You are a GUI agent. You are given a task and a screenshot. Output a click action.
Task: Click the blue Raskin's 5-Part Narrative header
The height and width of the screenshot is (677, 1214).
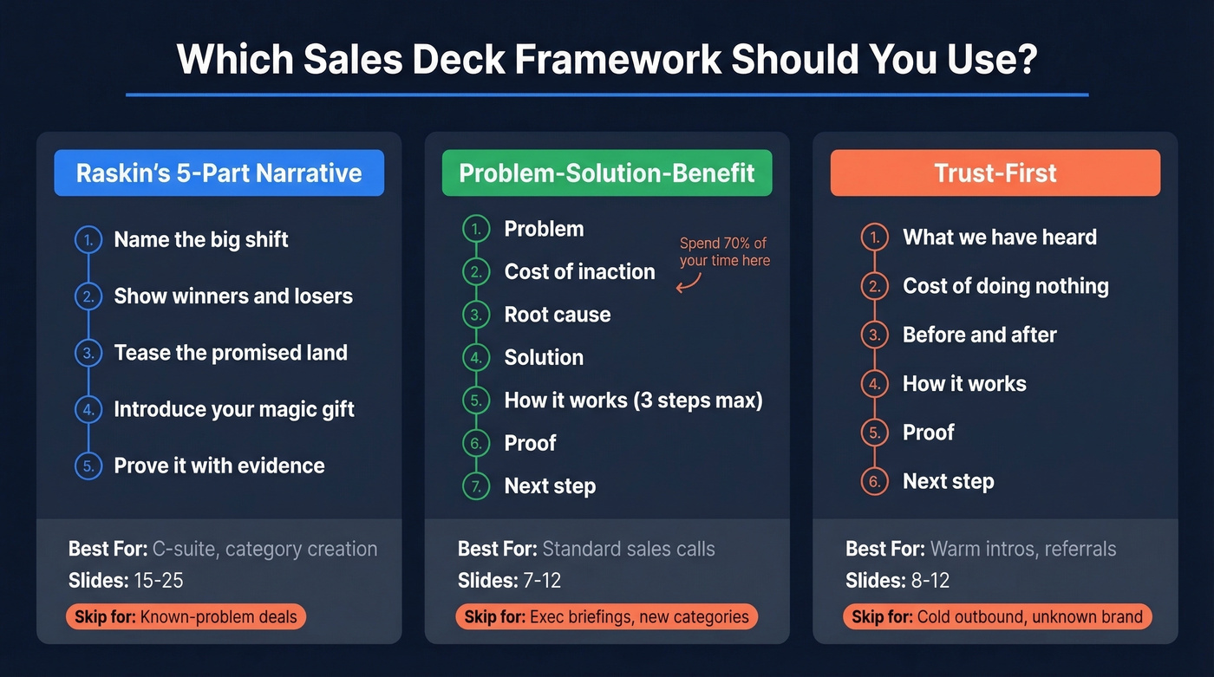click(219, 173)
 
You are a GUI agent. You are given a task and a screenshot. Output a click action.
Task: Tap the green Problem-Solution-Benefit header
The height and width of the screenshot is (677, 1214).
click(607, 173)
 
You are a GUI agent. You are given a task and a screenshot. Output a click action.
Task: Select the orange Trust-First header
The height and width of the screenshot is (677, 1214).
click(995, 173)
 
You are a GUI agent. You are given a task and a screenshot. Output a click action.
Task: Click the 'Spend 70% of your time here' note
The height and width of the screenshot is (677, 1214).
click(724, 251)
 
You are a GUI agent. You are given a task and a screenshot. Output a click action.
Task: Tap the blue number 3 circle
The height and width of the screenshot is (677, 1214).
click(88, 353)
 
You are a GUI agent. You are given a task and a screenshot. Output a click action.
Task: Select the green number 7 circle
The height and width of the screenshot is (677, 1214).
click(475, 486)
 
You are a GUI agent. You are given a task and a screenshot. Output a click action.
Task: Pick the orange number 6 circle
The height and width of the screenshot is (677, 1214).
click(874, 481)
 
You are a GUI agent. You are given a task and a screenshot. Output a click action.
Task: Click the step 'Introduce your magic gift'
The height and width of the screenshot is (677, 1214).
click(234, 409)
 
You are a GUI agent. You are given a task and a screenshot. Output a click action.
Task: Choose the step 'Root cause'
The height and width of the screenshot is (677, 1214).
click(558, 315)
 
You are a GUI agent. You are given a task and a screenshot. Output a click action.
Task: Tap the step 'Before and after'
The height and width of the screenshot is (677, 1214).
click(979, 335)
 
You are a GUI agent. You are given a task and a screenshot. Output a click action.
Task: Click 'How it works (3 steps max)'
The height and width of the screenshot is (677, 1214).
click(633, 400)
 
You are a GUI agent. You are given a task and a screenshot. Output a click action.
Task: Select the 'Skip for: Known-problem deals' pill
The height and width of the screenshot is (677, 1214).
click(186, 617)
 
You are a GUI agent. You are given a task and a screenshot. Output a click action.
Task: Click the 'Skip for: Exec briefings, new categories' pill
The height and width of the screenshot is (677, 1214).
click(606, 617)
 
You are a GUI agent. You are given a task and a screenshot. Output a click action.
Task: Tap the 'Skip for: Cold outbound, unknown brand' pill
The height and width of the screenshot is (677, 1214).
click(997, 617)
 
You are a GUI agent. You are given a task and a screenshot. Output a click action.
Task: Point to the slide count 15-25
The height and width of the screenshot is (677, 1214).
click(159, 581)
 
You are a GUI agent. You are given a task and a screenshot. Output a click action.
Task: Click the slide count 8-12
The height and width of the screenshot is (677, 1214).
click(924, 581)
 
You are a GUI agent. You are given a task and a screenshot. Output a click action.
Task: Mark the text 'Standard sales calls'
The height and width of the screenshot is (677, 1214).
click(628, 549)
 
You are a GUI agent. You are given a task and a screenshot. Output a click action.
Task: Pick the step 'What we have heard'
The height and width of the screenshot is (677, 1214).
click(999, 238)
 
